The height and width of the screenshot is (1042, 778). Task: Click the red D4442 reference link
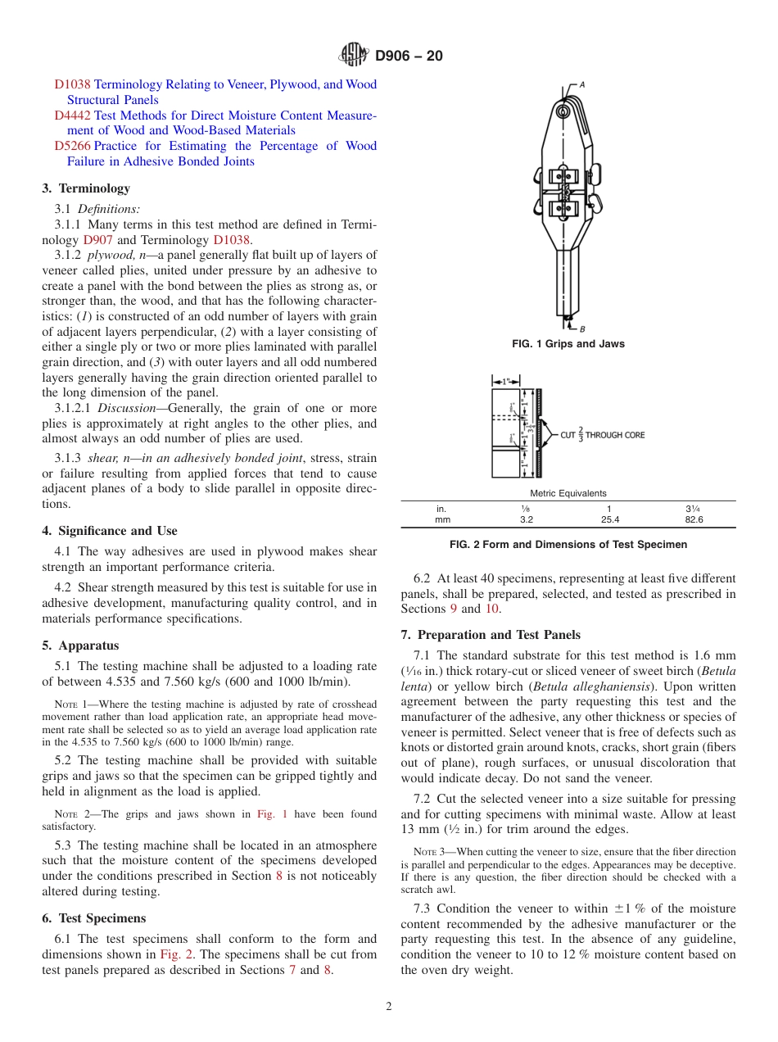pyautogui.click(x=72, y=116)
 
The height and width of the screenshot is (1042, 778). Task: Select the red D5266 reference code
pyautogui.click(x=72, y=146)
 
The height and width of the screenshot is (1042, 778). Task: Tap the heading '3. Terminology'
pyautogui.click(x=86, y=188)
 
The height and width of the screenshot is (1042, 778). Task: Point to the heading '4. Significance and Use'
pyautogui.click(x=109, y=531)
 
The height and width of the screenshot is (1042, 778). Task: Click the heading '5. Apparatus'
pyautogui.click(x=80, y=646)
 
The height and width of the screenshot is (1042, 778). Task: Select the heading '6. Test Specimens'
pyautogui.click(x=93, y=918)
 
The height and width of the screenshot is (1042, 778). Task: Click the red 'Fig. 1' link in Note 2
pyautogui.click(x=272, y=814)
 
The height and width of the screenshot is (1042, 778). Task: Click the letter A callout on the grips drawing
pyautogui.click(x=582, y=84)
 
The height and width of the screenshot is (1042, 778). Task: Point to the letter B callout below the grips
pyautogui.click(x=582, y=328)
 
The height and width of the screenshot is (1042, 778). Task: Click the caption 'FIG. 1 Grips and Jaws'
pyautogui.click(x=568, y=344)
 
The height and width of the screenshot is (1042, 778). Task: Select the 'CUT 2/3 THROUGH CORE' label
pyautogui.click(x=602, y=435)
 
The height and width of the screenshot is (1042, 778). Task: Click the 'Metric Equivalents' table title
pyautogui.click(x=568, y=493)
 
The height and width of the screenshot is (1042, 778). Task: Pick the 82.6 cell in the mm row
pyautogui.click(x=693, y=519)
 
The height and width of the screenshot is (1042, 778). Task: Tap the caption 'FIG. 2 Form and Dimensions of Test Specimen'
pyautogui.click(x=568, y=544)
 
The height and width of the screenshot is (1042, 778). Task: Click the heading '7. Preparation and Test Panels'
pyautogui.click(x=490, y=635)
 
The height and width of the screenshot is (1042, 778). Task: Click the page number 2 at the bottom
pyautogui.click(x=389, y=1007)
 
